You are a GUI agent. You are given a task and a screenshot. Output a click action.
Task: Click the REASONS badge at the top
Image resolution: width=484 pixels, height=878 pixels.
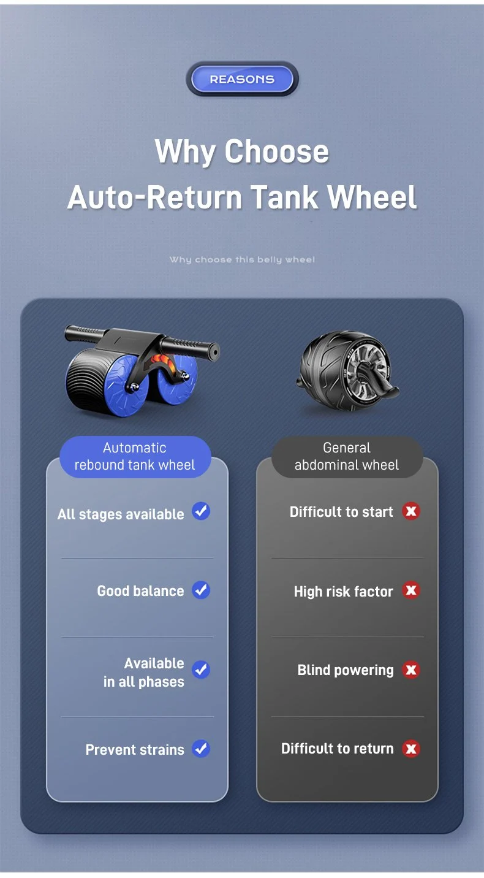click(x=242, y=79)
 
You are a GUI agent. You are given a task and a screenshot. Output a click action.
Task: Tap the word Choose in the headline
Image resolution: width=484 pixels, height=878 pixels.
click(x=276, y=151)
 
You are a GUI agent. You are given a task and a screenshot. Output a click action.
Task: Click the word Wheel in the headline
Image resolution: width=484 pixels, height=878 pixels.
click(x=372, y=197)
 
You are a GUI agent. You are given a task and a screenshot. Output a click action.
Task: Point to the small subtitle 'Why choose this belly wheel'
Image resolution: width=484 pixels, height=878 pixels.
click(x=242, y=260)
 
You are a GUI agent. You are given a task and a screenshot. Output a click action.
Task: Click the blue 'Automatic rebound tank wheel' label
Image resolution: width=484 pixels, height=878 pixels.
click(x=135, y=457)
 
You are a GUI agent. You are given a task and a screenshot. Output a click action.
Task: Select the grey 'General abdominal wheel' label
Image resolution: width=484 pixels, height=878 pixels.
click(x=347, y=457)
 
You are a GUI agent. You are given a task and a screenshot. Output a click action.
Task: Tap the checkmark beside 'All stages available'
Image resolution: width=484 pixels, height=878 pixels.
click(x=201, y=511)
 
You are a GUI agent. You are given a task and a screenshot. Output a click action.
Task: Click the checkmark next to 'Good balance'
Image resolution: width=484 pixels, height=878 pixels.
click(x=201, y=590)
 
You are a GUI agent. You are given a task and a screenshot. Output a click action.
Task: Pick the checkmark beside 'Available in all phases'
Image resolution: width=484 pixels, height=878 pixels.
click(x=201, y=670)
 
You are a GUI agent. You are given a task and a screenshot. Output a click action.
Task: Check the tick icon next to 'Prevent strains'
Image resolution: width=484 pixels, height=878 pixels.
click(x=201, y=749)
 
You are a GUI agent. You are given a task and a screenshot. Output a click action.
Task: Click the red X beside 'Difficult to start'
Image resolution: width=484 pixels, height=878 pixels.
click(x=411, y=511)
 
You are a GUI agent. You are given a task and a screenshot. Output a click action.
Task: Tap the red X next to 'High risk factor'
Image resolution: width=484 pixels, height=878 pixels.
click(x=411, y=590)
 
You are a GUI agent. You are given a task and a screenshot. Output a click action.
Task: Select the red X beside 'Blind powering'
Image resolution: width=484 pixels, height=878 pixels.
click(x=411, y=670)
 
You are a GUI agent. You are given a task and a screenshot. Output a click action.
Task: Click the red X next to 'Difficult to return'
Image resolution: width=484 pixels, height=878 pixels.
click(x=411, y=749)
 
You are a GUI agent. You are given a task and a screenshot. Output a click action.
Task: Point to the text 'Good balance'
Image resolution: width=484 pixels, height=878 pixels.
click(x=140, y=591)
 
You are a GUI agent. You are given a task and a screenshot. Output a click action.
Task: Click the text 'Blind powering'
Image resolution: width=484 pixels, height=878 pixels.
click(x=346, y=670)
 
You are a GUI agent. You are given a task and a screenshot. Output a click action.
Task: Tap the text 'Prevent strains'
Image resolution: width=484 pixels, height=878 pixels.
click(x=135, y=749)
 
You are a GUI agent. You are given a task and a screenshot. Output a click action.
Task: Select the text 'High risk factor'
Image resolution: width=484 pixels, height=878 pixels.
click(x=343, y=592)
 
